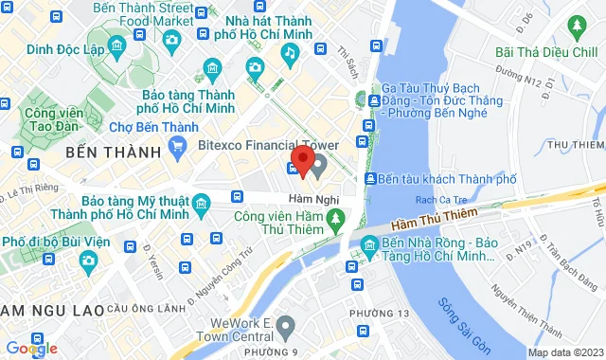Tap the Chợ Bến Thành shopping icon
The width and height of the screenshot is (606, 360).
pyautogui.click(x=176, y=145)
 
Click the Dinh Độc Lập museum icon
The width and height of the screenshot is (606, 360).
pyautogui.click(x=116, y=45)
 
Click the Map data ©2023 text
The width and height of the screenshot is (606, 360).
pyautogui.click(x=565, y=352)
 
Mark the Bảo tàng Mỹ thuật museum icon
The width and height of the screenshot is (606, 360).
pyautogui.click(x=201, y=202)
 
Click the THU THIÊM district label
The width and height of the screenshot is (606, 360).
pyautogui.click(x=575, y=144)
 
